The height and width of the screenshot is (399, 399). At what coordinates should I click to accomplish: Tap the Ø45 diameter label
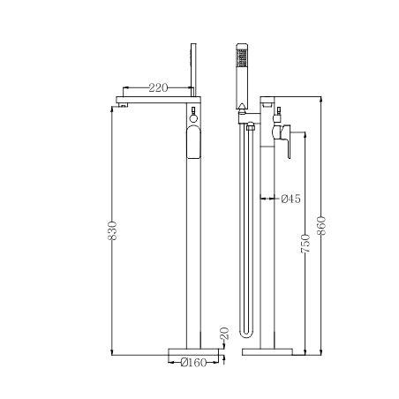[x=290, y=199]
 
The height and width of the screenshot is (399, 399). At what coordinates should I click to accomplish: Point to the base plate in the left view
[x=193, y=350]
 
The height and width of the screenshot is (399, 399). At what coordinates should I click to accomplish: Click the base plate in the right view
[x=266, y=350]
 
